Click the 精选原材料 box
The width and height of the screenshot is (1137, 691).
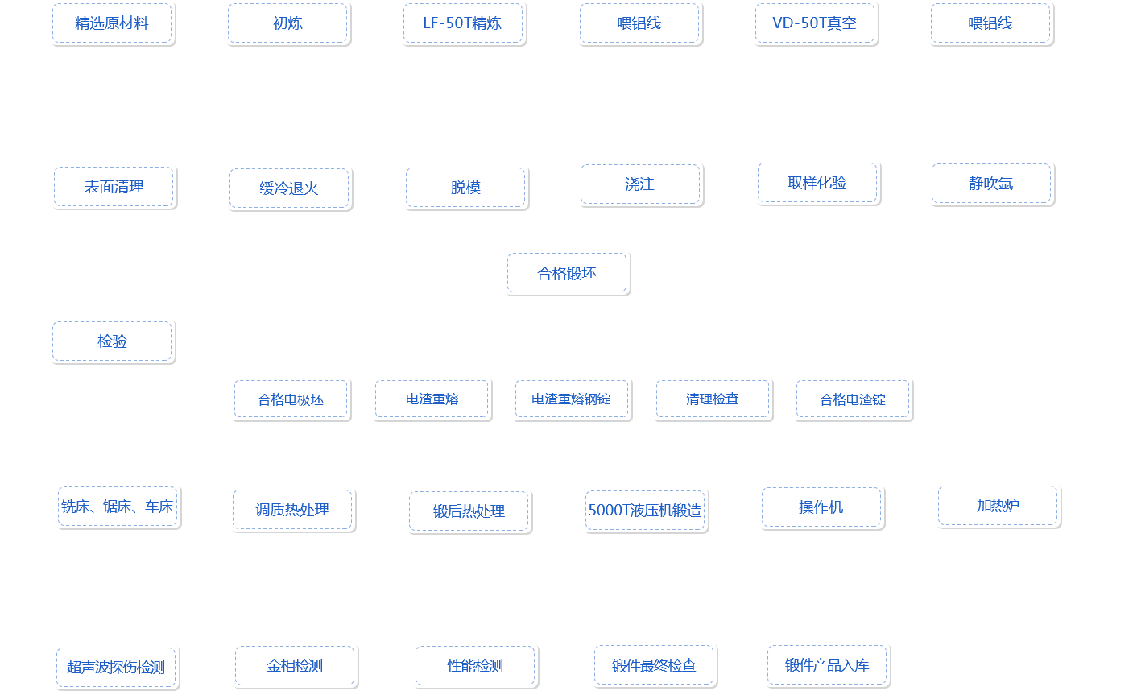pyautogui.click(x=112, y=23)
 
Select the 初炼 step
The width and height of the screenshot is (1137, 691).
pyautogui.click(x=287, y=23)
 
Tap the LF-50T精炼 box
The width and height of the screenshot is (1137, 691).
pyautogui.click(x=463, y=23)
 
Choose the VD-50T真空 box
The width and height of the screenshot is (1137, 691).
pyautogui.click(x=815, y=23)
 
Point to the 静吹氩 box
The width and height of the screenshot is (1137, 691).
pyautogui.click(x=991, y=184)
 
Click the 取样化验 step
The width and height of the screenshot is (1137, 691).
pyautogui.click(x=817, y=183)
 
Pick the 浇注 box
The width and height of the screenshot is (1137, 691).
pyautogui.click(x=640, y=184)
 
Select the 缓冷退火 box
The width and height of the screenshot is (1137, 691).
pyautogui.click(x=289, y=188)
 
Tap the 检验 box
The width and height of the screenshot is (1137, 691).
pyautogui.click(x=112, y=341)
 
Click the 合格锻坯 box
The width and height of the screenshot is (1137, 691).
pyautogui.click(x=567, y=273)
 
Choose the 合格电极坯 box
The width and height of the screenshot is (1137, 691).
pyautogui.click(x=291, y=399)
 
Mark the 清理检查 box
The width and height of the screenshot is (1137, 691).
pyautogui.click(x=712, y=399)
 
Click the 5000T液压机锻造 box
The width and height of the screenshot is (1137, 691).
pyautogui.click(x=645, y=510)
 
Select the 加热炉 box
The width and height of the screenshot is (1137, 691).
pyautogui.click(x=998, y=506)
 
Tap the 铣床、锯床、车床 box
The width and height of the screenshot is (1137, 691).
pyautogui.click(x=118, y=507)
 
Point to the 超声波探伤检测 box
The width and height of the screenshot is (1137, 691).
pyautogui.click(x=116, y=667)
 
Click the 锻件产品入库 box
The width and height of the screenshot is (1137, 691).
pyautogui.click(x=827, y=665)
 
